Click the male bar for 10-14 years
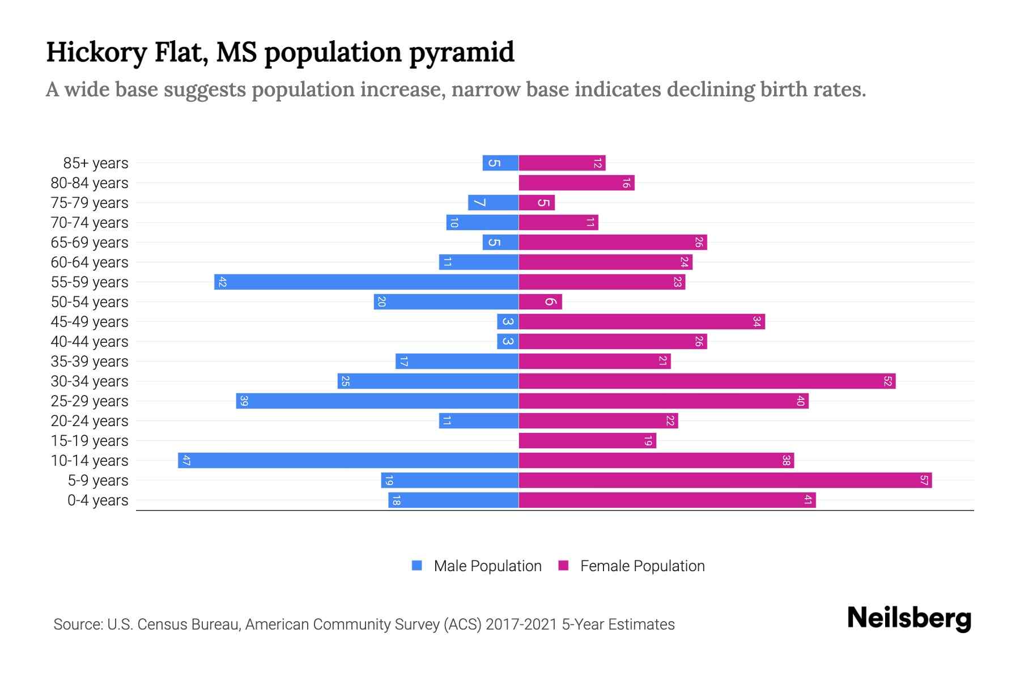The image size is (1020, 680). click(348, 460)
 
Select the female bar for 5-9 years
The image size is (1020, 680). click(725, 481)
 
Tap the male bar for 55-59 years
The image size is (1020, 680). click(366, 282)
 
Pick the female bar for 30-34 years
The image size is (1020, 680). click(707, 381)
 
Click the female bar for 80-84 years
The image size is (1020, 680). click(576, 182)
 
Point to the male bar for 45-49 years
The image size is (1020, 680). click(508, 321)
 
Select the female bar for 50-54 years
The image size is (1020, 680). click(540, 301)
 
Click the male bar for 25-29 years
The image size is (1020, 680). click(377, 401)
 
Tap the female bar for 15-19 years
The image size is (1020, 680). click(587, 440)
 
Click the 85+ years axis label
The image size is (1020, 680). click(96, 163)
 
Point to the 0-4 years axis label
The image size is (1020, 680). click(97, 500)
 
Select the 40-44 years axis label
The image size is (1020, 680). click(90, 342)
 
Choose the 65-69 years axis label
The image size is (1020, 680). click(90, 243)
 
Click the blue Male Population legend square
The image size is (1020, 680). click(417, 566)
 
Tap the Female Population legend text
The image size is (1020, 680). click(642, 566)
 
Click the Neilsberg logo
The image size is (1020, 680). click(909, 618)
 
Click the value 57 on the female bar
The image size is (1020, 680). click(924, 481)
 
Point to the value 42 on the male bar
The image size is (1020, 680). click(222, 282)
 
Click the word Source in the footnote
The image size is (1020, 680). click(78, 624)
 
